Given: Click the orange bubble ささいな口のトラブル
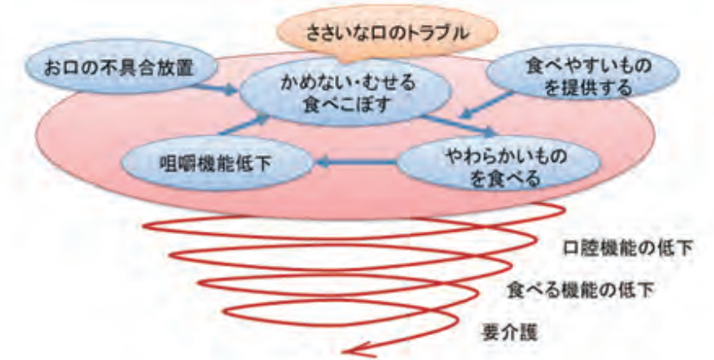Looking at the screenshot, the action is [387, 31].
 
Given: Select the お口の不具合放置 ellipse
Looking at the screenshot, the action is [120, 67].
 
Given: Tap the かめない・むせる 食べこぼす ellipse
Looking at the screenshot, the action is [345, 92].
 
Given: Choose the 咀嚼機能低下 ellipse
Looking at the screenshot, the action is [217, 163].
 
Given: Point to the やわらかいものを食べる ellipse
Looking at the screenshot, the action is [499, 164].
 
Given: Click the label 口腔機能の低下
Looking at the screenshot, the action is [628, 248].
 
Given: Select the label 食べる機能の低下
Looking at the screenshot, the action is [581, 290].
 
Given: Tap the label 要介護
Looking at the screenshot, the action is [510, 332].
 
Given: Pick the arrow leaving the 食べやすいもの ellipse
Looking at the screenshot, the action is [486, 105].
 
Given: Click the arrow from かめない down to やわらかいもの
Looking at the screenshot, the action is [459, 125].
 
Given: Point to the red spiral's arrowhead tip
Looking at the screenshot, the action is [343, 352].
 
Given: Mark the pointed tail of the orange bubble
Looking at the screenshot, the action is [345, 62].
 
